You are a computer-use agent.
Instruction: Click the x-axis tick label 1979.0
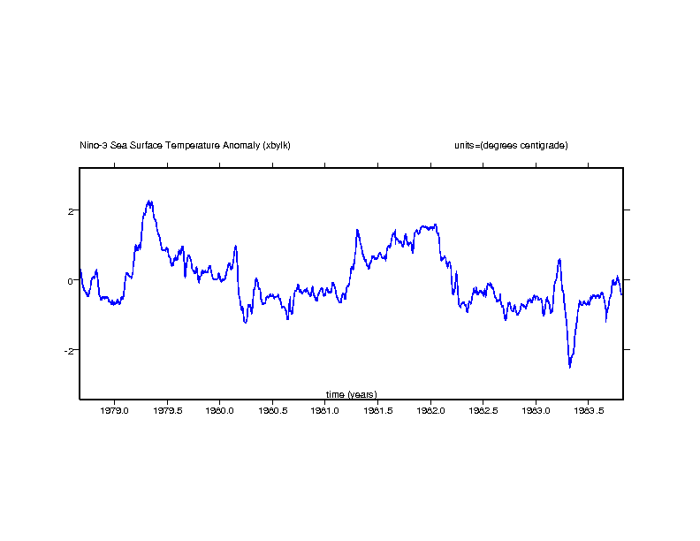tap(115, 411)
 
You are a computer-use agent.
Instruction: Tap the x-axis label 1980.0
tap(220, 411)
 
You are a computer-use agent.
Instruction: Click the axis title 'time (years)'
tap(351, 394)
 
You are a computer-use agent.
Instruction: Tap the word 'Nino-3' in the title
tap(93, 145)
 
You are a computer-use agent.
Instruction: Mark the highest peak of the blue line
tap(150, 202)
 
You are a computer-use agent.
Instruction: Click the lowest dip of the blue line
tap(569, 366)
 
